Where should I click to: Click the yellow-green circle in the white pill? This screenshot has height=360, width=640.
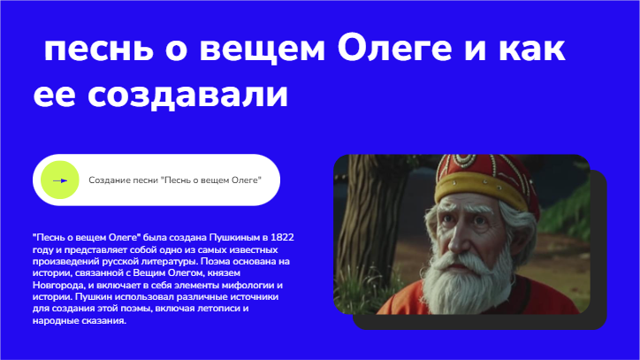(x=60, y=180)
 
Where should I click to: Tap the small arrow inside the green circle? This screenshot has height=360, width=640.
(x=60, y=180)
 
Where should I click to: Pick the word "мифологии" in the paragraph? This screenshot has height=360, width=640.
(x=242, y=286)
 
